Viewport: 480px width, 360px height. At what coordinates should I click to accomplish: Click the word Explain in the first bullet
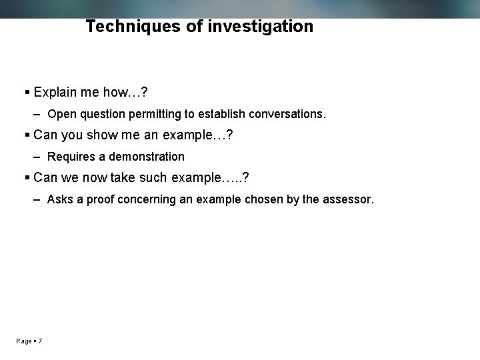click(56, 91)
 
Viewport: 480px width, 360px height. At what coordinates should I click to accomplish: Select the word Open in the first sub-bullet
click(62, 114)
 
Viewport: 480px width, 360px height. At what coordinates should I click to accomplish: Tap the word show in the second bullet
click(103, 135)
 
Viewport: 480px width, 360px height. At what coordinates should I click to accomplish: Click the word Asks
click(61, 199)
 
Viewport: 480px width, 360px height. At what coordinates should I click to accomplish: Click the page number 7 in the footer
click(40, 341)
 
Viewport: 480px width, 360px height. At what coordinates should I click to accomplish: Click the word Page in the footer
click(24, 341)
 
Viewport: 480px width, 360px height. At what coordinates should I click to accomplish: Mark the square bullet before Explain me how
click(27, 92)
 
